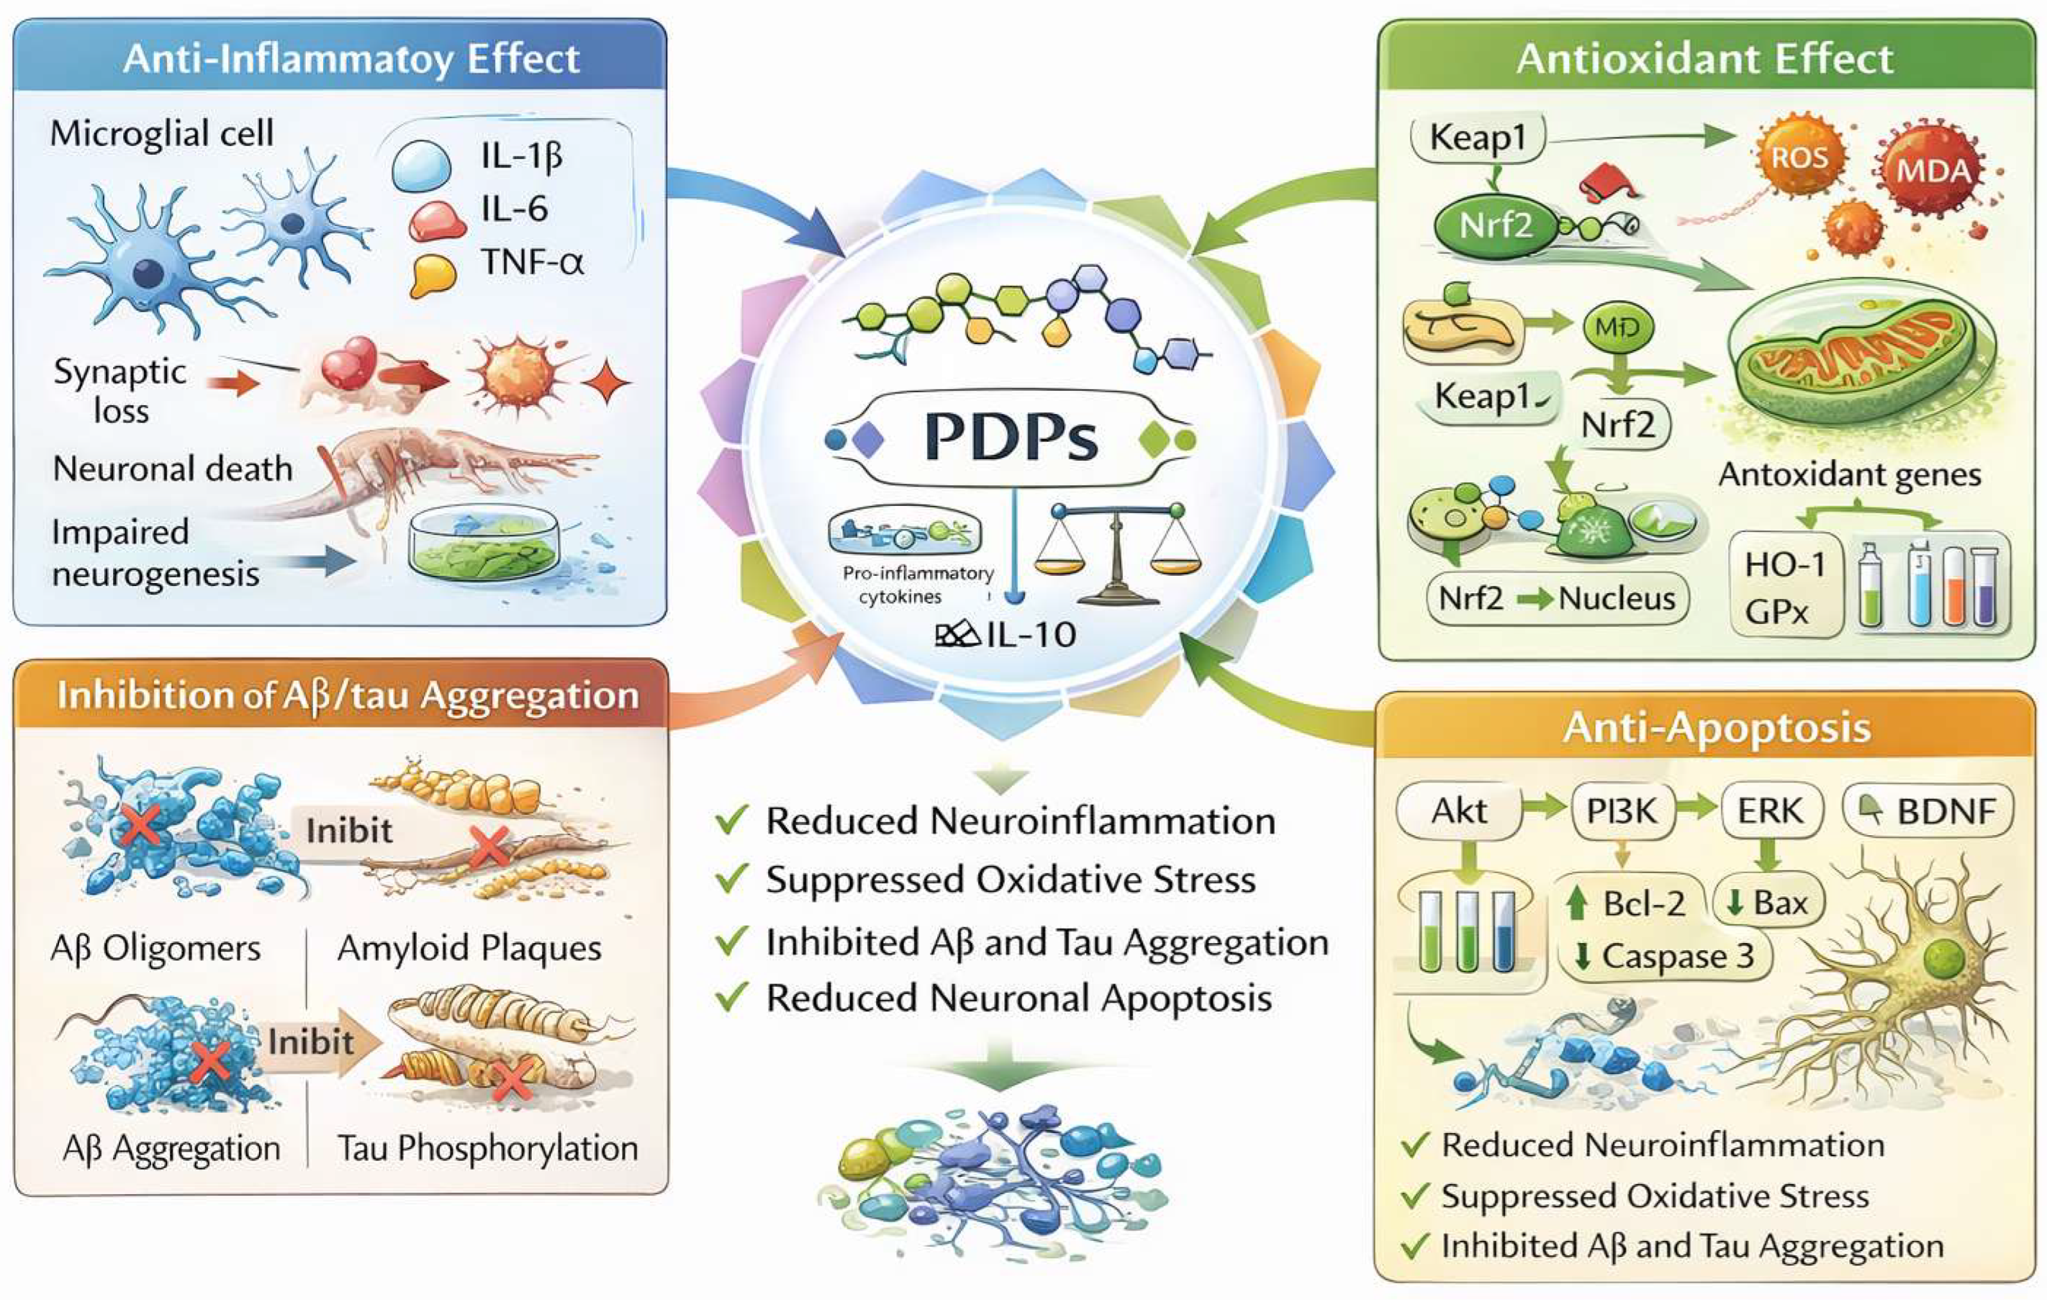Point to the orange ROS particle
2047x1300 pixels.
click(1800, 158)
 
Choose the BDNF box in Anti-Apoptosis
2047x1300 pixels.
click(1928, 811)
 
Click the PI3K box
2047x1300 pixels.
click(1621, 811)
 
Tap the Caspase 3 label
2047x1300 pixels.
click(1666, 956)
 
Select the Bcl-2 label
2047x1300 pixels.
click(1642, 903)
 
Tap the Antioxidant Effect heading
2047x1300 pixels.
click(1705, 58)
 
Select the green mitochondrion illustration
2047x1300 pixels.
click(1861, 357)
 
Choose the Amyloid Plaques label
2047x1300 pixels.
click(470, 948)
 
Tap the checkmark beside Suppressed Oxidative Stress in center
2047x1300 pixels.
click(731, 880)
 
